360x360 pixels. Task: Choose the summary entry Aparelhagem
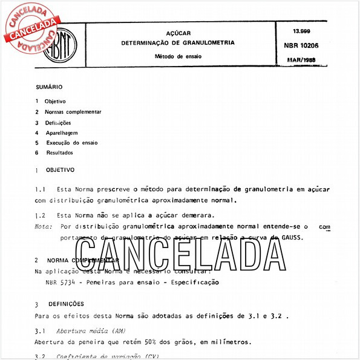pos(61,133)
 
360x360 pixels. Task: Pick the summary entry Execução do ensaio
pos(71,143)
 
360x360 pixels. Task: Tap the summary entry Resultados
pos(59,153)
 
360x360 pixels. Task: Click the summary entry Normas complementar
pos(73,112)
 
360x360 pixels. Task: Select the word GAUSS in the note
pos(292,237)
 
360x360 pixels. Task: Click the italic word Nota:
pos(44,226)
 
